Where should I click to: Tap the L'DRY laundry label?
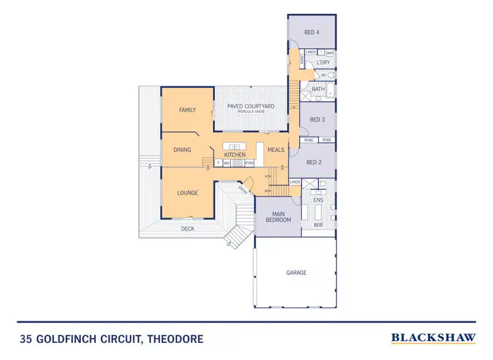point(323,62)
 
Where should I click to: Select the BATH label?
point(318,89)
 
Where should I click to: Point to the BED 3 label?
point(317,120)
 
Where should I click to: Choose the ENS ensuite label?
point(318,199)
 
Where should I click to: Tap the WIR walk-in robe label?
point(318,224)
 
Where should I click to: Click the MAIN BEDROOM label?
point(278,216)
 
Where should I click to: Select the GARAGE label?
point(296,272)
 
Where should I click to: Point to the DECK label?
point(188,229)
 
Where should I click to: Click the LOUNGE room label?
point(188,193)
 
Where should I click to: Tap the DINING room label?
point(182,150)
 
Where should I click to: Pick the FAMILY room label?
point(188,110)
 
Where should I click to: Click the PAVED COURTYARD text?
point(250,106)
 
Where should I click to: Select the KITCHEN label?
point(235,154)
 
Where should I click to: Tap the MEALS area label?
point(275,150)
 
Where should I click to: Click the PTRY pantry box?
point(250,162)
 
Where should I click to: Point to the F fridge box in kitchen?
point(218,162)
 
